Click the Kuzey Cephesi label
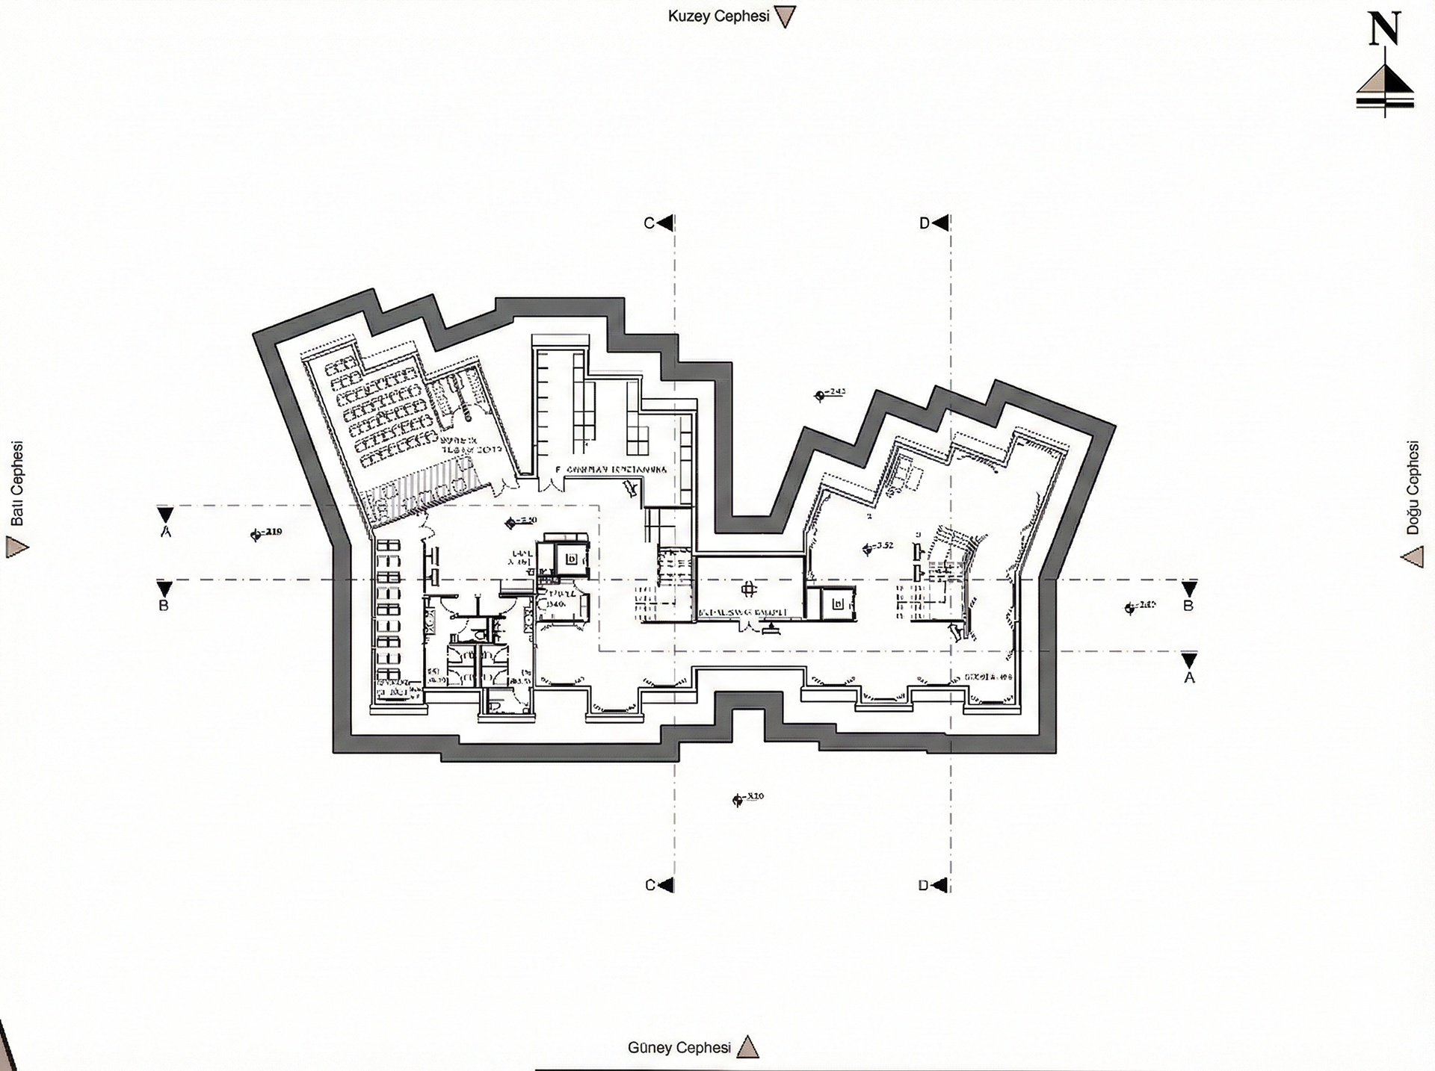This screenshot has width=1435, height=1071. pyautogui.click(x=718, y=16)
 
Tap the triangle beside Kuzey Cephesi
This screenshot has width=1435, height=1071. pyautogui.click(x=785, y=17)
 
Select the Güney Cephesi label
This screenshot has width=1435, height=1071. pyautogui.click(x=679, y=1047)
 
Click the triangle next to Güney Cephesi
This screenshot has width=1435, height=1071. pyautogui.click(x=747, y=1048)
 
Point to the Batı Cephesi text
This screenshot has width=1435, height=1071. pyautogui.click(x=17, y=484)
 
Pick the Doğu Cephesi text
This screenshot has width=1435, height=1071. pyautogui.click(x=1412, y=488)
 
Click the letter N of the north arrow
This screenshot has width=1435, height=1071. pyautogui.click(x=1383, y=29)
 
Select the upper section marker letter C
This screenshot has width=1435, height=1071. pyautogui.click(x=649, y=223)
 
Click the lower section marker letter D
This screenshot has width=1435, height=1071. pyautogui.click(x=924, y=885)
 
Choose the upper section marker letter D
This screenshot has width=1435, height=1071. pyautogui.click(x=925, y=223)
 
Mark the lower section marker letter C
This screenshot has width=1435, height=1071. pyautogui.click(x=649, y=885)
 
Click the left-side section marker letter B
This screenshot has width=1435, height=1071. pyautogui.click(x=164, y=606)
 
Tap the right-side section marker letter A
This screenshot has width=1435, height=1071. pyautogui.click(x=1189, y=677)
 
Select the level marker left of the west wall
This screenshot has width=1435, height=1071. pyautogui.click(x=266, y=533)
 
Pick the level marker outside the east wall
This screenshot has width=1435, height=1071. pyautogui.click(x=1140, y=606)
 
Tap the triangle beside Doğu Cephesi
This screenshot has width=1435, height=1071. pyautogui.click(x=1412, y=557)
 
